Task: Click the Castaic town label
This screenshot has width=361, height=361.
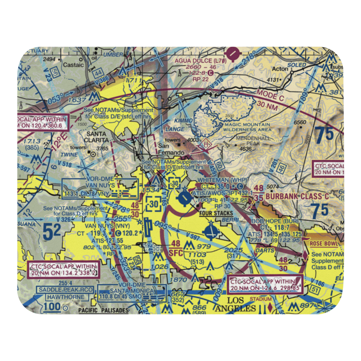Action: (73, 65)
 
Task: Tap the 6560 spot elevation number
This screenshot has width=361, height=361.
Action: (300, 122)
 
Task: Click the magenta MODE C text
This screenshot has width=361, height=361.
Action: (271, 96)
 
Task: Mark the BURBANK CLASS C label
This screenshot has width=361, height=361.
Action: (297, 197)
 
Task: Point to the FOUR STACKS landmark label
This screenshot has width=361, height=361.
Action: (216, 213)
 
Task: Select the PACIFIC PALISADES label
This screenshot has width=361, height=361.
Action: (103, 310)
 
